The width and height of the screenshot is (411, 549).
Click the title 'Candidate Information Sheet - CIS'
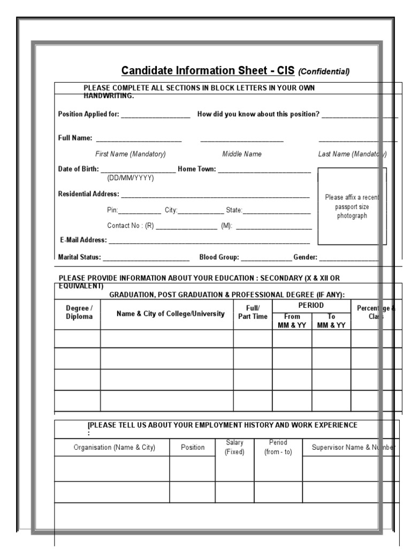click(208, 71)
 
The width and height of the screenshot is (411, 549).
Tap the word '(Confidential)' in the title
click(324, 72)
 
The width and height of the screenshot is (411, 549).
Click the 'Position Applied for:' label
click(89, 114)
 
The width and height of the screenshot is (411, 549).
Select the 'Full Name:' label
click(75, 138)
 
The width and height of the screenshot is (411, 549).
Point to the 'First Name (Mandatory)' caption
click(131, 154)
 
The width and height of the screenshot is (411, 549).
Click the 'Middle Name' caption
click(242, 154)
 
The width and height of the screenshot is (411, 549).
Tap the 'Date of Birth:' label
click(78, 169)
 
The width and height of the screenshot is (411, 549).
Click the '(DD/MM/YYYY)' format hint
click(131, 178)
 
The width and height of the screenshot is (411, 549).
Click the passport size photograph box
click(352, 206)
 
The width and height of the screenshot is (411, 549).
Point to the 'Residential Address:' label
click(88, 194)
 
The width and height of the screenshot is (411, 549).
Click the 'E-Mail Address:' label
click(83, 240)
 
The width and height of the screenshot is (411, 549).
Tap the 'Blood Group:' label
click(219, 257)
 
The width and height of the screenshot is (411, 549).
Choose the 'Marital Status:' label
click(79, 257)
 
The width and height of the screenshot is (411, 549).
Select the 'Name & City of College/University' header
click(170, 314)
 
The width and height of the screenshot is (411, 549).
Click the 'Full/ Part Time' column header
click(253, 313)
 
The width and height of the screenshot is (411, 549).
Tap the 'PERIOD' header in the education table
click(311, 305)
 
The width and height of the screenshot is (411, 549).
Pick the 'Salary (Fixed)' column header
click(234, 447)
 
